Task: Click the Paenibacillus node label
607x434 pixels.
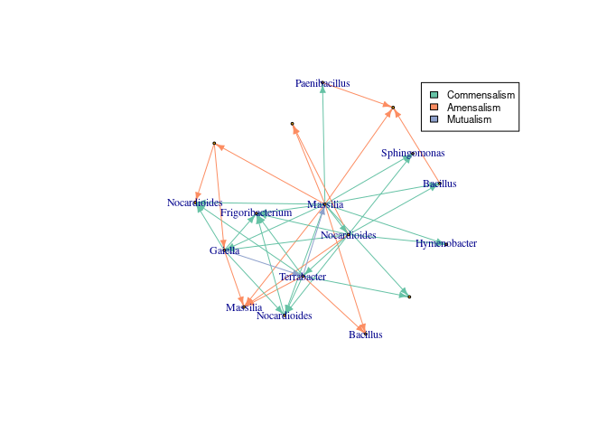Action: (322, 83)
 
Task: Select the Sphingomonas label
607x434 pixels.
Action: (413, 153)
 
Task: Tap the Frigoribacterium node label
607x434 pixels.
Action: (257, 212)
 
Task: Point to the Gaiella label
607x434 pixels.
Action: (225, 250)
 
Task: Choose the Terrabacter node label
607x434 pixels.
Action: (303, 276)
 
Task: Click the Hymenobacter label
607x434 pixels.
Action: (446, 243)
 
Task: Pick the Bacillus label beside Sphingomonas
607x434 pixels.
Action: (439, 184)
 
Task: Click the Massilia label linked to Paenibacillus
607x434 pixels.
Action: (325, 204)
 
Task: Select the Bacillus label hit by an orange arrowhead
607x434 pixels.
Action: (366, 335)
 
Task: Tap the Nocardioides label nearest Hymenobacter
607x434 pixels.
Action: (349, 235)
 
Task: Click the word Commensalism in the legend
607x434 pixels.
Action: (481, 95)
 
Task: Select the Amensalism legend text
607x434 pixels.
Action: (473, 108)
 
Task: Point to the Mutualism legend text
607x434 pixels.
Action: (470, 119)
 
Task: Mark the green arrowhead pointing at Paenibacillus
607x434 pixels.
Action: (322, 90)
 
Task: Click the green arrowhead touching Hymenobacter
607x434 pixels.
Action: (440, 242)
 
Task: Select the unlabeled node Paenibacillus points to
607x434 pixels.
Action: (393, 108)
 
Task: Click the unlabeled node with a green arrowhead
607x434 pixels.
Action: (409, 297)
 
